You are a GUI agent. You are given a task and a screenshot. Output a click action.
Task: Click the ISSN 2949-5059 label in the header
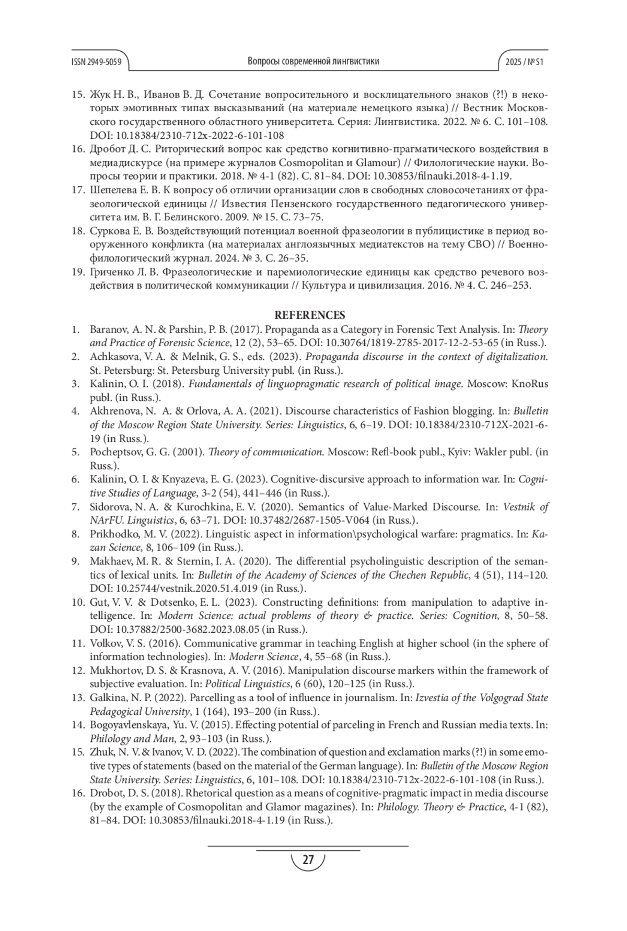click(x=97, y=62)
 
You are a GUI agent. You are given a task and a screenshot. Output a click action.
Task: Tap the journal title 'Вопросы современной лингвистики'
click(x=313, y=62)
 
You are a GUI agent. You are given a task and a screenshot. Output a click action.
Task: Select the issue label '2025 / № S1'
click(x=525, y=62)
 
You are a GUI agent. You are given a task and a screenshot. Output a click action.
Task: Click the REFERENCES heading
click(x=310, y=315)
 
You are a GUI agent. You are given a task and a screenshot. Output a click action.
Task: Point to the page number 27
click(x=308, y=859)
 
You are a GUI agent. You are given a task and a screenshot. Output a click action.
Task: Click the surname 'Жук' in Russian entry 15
click(x=100, y=95)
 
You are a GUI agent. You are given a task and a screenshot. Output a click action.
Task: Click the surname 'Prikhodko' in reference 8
click(x=113, y=534)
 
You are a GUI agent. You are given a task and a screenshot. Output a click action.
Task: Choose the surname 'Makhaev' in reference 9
click(x=109, y=561)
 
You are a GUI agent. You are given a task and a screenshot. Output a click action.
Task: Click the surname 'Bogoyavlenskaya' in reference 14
click(x=128, y=725)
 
